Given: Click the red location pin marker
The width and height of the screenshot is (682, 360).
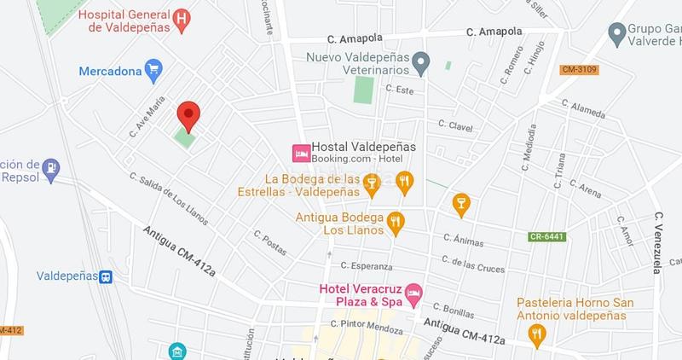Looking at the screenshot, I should point(188,114).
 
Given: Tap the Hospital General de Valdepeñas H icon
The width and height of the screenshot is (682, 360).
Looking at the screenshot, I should point(180,19).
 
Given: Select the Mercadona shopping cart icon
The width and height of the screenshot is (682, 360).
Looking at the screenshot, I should point(153,71).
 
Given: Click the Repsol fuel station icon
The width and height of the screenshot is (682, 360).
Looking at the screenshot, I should point(52,168).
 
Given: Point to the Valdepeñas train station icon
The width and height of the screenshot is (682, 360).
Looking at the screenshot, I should point(106,276).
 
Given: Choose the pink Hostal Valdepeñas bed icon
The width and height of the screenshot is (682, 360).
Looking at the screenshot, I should point(300,154).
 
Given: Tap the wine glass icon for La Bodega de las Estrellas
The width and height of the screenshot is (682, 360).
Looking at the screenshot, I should point(371,181).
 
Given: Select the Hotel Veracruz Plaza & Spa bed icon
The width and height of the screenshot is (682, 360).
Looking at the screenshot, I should point(413,293).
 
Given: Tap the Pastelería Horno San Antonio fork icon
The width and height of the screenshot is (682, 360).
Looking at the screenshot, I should point(536,336).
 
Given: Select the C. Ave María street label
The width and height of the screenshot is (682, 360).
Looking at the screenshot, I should point(147,117).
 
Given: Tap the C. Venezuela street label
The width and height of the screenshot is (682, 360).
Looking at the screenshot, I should point(658,242).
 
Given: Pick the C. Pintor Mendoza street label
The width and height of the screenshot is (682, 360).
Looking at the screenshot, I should point(367,324).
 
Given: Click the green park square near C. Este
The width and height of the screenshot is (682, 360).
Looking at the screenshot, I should point(364,90).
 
